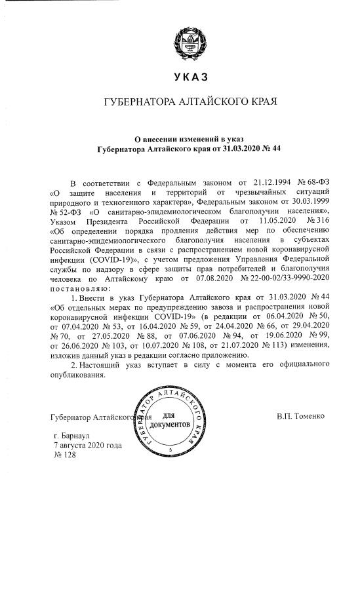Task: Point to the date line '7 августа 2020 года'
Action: pyautogui.click(x=87, y=445)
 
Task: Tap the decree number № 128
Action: pyautogui.click(x=64, y=455)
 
